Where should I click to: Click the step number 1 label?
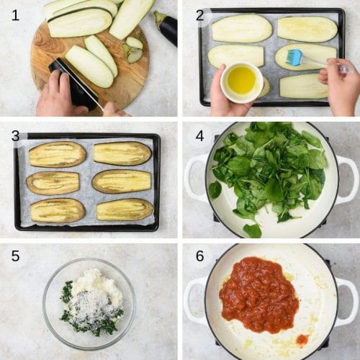coord(15,15)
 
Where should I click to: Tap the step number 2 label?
coord(200,15)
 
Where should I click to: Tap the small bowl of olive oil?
coord(241,81)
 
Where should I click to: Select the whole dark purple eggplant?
coord(166,28)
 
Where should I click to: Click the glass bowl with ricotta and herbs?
coord(89,297)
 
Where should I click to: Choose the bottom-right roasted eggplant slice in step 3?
coord(125,210)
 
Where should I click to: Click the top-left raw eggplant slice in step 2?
coord(241,29)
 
